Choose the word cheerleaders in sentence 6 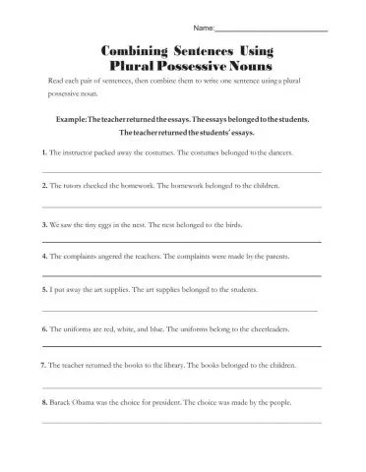point(282,326)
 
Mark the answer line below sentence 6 point(182,346)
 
